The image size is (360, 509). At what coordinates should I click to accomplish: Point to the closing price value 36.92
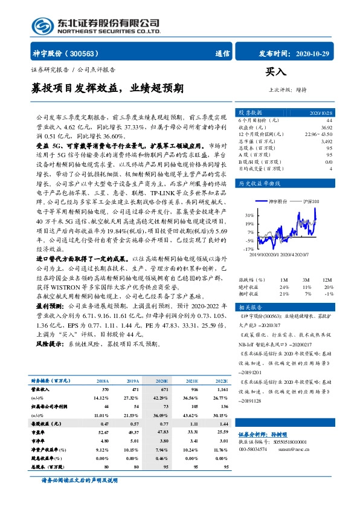coord(327,128)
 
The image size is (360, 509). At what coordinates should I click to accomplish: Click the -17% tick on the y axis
coord(249,248)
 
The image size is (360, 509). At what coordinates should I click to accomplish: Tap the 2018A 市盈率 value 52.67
coord(102,432)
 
